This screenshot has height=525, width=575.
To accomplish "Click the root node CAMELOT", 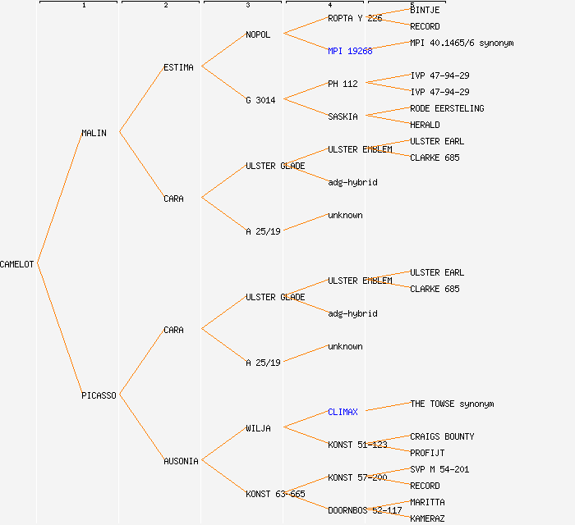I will pyautogui.click(x=17, y=264).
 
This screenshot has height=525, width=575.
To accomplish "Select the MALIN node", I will pyautogui.click(x=94, y=133).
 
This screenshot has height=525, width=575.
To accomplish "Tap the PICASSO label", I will pyautogui.click(x=99, y=395).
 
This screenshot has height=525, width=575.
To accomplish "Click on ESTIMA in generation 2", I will pyautogui.click(x=178, y=67).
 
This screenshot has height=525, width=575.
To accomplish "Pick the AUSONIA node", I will pyautogui.click(x=181, y=461).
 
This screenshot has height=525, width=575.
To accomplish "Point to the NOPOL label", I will pyautogui.click(x=257, y=34).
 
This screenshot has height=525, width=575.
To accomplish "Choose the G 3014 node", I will pyautogui.click(x=260, y=100).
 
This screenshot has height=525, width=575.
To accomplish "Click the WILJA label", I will pyautogui.click(x=257, y=428).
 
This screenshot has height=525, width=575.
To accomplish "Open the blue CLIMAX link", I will pyautogui.click(x=343, y=412).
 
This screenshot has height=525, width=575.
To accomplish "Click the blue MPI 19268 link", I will pyautogui.click(x=350, y=51).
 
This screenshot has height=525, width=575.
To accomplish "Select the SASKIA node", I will pyautogui.click(x=343, y=116).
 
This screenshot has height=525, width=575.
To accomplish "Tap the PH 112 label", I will pyautogui.click(x=343, y=84).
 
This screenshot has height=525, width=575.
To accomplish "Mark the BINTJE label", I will pyautogui.click(x=425, y=10).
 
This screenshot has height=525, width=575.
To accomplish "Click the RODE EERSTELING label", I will pyautogui.click(x=447, y=108).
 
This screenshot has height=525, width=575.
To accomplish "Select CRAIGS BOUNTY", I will pyautogui.click(x=442, y=436).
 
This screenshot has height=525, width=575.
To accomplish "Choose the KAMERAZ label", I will pyautogui.click(x=427, y=518).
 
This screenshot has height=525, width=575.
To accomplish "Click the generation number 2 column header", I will pyautogui.click(x=165, y=6).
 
